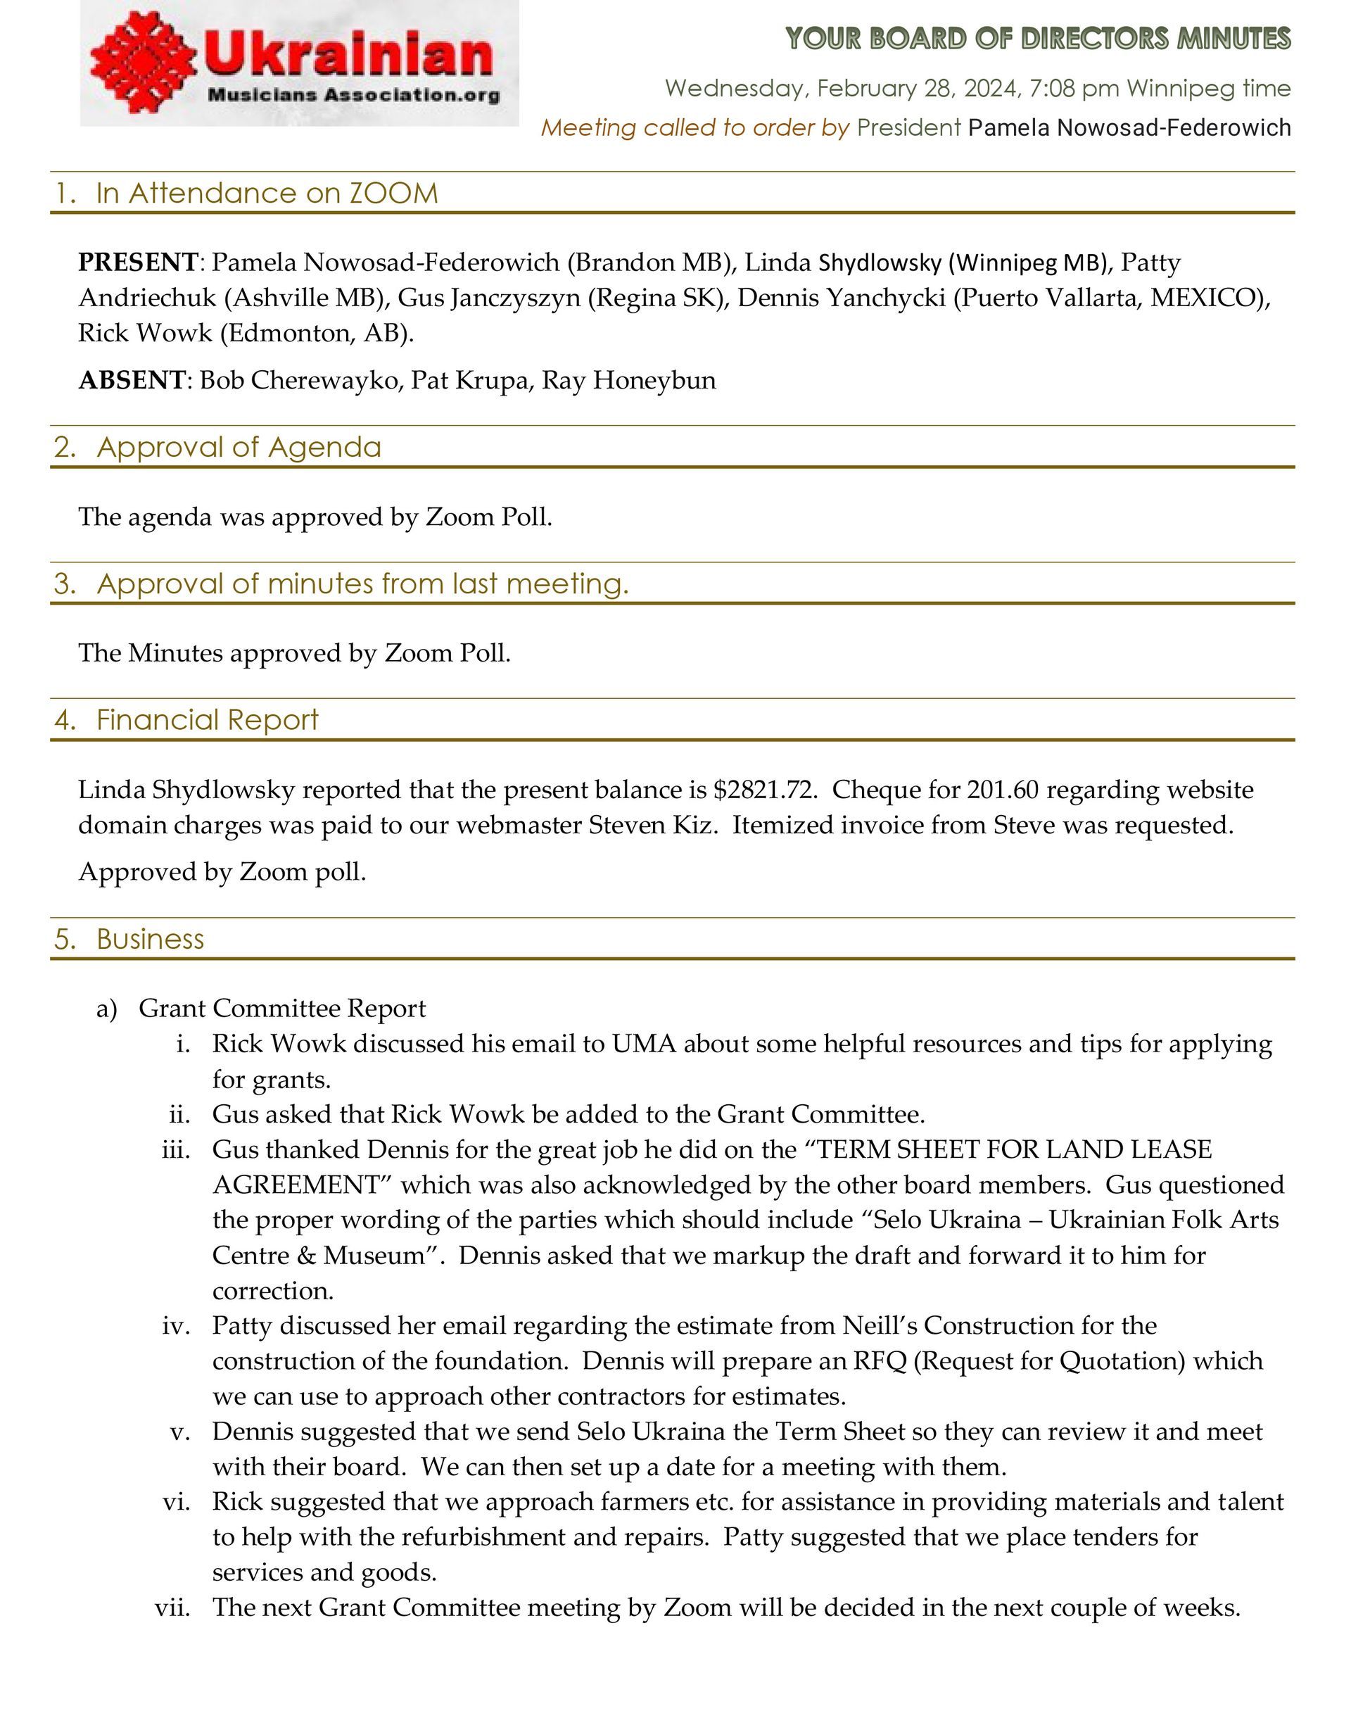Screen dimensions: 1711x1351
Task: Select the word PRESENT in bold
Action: [138, 262]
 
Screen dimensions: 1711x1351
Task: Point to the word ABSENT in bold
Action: [132, 381]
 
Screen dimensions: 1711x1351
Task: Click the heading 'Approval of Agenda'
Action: [238, 448]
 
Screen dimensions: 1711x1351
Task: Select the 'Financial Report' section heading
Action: [208, 720]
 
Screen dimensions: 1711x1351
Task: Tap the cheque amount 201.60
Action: [998, 790]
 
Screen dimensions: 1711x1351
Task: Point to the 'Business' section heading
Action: [151, 939]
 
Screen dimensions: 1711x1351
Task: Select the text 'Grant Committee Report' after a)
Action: [282, 1009]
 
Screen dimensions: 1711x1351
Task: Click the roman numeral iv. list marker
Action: [177, 1325]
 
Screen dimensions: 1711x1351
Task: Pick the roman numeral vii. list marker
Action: [173, 1608]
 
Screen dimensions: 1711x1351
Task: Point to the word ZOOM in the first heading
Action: [393, 193]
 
